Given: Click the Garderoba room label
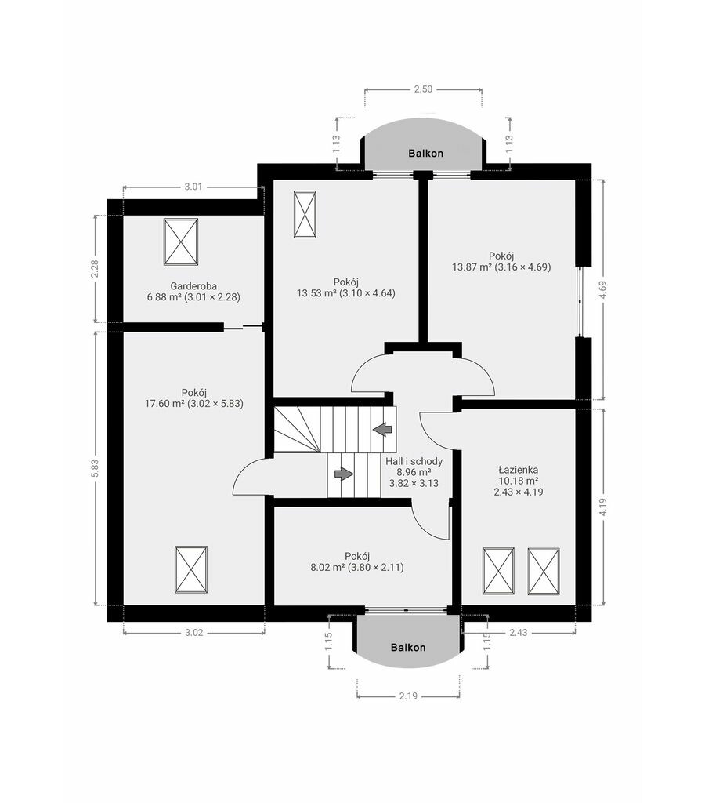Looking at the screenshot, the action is pyautogui.click(x=193, y=285).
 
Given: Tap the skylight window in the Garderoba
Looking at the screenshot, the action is pyautogui.click(x=181, y=242).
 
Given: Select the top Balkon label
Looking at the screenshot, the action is pyautogui.click(x=425, y=153).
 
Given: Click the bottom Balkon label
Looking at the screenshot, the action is pyautogui.click(x=408, y=647).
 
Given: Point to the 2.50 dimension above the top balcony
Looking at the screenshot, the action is pyautogui.click(x=423, y=89).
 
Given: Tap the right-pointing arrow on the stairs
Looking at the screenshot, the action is pyautogui.click(x=344, y=474).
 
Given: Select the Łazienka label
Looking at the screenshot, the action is pyautogui.click(x=519, y=470).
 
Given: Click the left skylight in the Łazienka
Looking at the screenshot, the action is pyautogui.click(x=498, y=571).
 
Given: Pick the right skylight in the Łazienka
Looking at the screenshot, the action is pyautogui.click(x=544, y=571).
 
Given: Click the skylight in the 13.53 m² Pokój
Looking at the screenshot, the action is pyautogui.click(x=305, y=214).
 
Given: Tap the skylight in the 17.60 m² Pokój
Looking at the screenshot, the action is pyautogui.click(x=191, y=569).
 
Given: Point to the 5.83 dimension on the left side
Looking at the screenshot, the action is pyautogui.click(x=95, y=468).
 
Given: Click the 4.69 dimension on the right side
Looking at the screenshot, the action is pyautogui.click(x=604, y=289).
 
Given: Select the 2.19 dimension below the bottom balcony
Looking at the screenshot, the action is pyautogui.click(x=409, y=696).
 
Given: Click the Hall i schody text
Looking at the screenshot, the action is pyautogui.click(x=414, y=461).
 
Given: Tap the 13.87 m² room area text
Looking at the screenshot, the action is pyautogui.click(x=472, y=267).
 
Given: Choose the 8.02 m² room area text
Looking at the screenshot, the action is pyautogui.click(x=328, y=568).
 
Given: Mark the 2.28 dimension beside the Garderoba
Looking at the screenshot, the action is pyautogui.click(x=95, y=270).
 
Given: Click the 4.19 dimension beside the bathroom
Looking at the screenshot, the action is pyautogui.click(x=604, y=507).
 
